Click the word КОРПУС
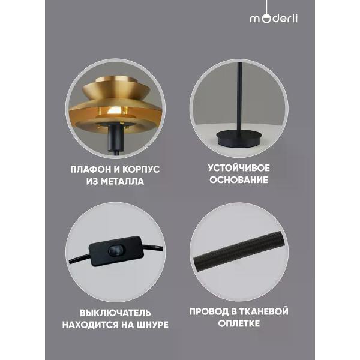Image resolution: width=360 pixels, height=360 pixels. point(141,169)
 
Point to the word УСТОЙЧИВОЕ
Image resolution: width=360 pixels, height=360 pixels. point(239,168)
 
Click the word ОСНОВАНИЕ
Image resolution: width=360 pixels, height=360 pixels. point(239,180)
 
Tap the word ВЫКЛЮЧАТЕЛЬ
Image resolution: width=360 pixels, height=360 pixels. point(115,313)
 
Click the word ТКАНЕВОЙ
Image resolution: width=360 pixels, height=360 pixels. point(264,311)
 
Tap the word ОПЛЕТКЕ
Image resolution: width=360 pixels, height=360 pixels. point(239,323)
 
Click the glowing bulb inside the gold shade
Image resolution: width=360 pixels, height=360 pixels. point(113,112)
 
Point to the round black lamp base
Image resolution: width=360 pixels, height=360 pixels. point(239,138)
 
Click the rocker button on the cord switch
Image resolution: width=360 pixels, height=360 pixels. point(116,250)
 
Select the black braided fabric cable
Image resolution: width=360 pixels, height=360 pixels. point(239,251)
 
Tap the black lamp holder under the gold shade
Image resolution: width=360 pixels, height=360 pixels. point(115,139)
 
